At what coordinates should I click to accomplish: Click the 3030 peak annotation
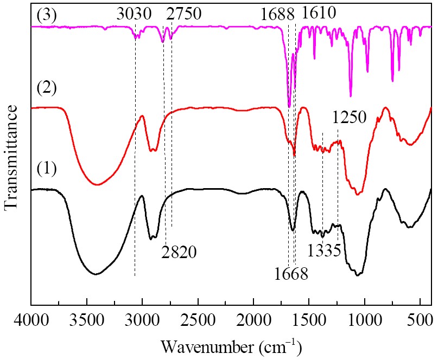[x=134, y=14]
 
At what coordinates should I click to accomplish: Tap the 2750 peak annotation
[x=183, y=14]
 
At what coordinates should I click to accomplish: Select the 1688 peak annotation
[x=277, y=14]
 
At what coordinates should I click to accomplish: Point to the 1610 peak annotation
[x=319, y=12]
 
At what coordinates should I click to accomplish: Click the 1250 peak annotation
[x=349, y=117]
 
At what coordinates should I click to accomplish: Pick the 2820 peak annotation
[x=179, y=252]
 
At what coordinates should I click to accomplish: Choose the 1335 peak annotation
[x=324, y=250]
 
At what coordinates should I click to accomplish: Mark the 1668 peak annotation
[x=291, y=274]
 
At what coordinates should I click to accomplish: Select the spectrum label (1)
[x=47, y=169]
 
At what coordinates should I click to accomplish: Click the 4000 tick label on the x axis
[x=32, y=320]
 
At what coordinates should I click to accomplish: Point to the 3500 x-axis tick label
[x=87, y=320]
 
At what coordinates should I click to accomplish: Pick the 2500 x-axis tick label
[x=198, y=320]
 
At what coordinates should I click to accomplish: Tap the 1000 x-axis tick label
[x=365, y=320]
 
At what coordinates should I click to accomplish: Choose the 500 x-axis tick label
[x=420, y=320]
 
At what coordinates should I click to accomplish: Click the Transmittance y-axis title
[x=11, y=157]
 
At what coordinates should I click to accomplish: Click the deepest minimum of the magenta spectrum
[x=289, y=107]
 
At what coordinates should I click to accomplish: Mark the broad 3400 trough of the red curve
[x=97, y=184]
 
